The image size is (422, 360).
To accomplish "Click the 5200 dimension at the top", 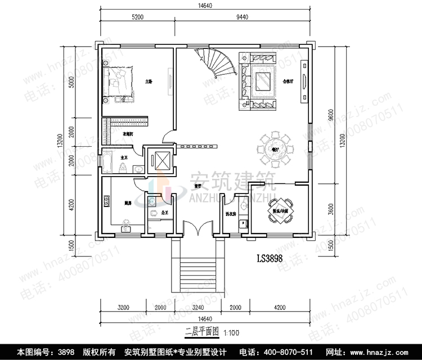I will pos(137,17).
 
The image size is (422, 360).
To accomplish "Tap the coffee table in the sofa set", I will pos(263,83).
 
